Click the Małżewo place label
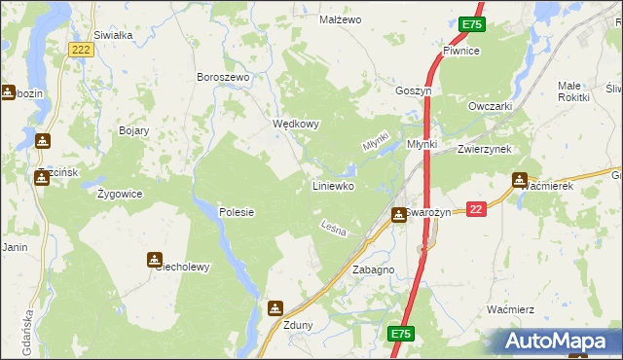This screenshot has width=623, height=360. click(341, 19)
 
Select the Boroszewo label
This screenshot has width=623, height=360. click(224, 77)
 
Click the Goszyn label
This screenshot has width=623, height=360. click(413, 90)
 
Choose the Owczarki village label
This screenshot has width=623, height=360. click(490, 106)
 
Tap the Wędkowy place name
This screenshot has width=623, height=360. click(296, 125)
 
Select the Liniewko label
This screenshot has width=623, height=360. click(333, 185)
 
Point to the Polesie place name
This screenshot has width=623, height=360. click(237, 211)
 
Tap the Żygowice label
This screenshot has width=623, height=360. click(120, 194)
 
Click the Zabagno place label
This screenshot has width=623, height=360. click(373, 270)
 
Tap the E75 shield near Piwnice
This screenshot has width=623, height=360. click(472, 24)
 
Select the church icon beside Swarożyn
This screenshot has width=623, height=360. click(399, 215)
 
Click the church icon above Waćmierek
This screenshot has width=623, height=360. click(520, 180)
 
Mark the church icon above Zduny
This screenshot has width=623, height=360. click(275, 308)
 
